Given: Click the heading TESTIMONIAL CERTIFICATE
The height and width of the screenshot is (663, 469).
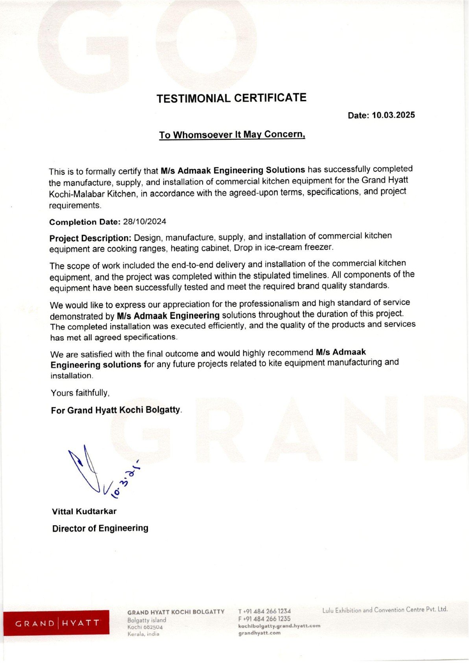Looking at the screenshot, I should (231, 98).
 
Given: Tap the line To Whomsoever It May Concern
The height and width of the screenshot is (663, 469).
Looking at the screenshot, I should (232, 135).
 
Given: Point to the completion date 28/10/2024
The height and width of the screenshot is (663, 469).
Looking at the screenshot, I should (145, 222).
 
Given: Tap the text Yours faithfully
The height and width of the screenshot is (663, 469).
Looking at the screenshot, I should (80, 393).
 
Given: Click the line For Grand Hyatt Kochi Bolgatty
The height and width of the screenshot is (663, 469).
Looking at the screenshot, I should (116, 410).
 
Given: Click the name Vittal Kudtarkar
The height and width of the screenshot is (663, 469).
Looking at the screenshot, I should (84, 511).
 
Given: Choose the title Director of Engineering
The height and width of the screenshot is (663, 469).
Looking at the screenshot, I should (100, 528).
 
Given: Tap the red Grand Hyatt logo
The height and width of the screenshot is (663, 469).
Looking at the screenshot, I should (57, 623).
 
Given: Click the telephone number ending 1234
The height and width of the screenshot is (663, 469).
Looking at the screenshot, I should (264, 611).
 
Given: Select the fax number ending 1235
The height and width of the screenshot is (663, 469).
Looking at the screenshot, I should (264, 619).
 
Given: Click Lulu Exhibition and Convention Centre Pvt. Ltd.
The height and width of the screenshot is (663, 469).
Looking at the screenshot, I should (385, 610).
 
